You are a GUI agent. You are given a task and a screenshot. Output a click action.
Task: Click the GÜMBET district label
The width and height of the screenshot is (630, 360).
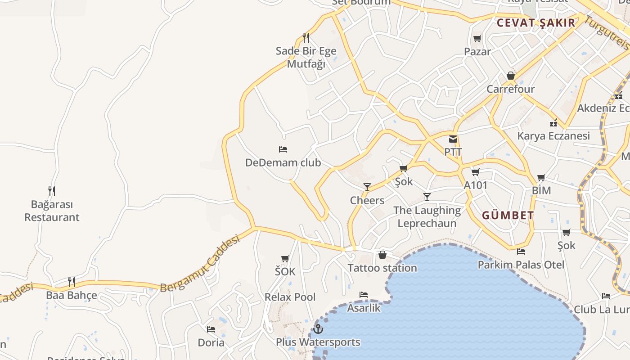click(x=508, y=216)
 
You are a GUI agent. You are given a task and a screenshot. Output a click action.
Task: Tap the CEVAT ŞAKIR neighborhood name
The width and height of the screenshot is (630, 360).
click(x=536, y=23)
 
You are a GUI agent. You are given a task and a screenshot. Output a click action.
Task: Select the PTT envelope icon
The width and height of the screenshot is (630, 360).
click(x=453, y=139)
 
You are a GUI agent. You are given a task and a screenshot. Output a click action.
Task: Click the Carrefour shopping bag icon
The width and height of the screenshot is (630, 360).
click(x=511, y=76)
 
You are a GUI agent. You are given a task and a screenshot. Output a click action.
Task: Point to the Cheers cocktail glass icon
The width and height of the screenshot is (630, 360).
click(x=367, y=187)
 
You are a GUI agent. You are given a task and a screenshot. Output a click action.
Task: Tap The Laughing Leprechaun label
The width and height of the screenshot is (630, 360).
click(x=427, y=216)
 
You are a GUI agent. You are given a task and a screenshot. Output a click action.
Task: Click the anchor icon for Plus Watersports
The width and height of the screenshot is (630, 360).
click(x=318, y=329)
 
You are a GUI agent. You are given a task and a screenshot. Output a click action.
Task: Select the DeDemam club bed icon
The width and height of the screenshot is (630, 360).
click(x=283, y=149)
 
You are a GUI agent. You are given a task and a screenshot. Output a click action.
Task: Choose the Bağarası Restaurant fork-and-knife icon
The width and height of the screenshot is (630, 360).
click(x=52, y=191)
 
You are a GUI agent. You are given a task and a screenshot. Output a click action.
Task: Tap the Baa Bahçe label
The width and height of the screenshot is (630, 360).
click(x=72, y=296)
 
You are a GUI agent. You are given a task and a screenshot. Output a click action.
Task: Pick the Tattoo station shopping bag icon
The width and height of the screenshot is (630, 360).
click(x=382, y=255)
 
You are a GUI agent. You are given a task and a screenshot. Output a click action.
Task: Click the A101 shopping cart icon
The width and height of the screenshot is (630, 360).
click(x=476, y=172)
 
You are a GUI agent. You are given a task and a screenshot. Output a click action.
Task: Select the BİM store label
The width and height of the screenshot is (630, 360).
click(x=541, y=190)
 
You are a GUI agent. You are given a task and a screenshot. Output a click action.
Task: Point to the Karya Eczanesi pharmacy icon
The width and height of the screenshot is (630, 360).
click(x=553, y=123)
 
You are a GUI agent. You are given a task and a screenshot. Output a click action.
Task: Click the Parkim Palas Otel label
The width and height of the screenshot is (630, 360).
click(x=521, y=265)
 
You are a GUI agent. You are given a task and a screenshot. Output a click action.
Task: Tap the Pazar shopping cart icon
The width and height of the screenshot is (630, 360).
click(x=477, y=39)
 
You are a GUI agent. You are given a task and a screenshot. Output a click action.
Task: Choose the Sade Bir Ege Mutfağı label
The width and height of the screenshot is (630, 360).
click(x=306, y=57)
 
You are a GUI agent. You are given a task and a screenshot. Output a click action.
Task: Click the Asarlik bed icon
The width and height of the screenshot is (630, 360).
click(x=364, y=295)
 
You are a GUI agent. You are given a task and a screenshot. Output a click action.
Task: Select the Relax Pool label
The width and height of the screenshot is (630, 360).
click(x=290, y=297)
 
